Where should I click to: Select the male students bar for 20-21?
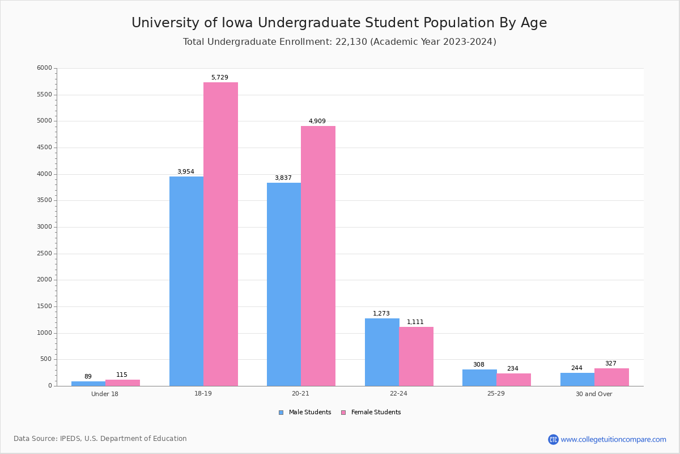284,284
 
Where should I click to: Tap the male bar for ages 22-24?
382,352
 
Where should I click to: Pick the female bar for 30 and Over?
611,377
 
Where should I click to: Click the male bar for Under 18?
88,384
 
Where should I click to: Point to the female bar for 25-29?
513,380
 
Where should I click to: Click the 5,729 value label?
220,78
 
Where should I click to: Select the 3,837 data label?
283,178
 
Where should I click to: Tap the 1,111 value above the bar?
415,322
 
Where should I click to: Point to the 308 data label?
479,365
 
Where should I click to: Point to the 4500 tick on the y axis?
44,148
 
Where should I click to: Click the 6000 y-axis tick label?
44,68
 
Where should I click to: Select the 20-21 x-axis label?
300,394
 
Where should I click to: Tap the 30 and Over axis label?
594,394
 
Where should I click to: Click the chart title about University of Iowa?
339,23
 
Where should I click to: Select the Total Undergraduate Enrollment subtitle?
339,42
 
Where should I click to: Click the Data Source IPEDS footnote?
100,439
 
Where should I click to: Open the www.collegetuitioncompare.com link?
613,439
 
